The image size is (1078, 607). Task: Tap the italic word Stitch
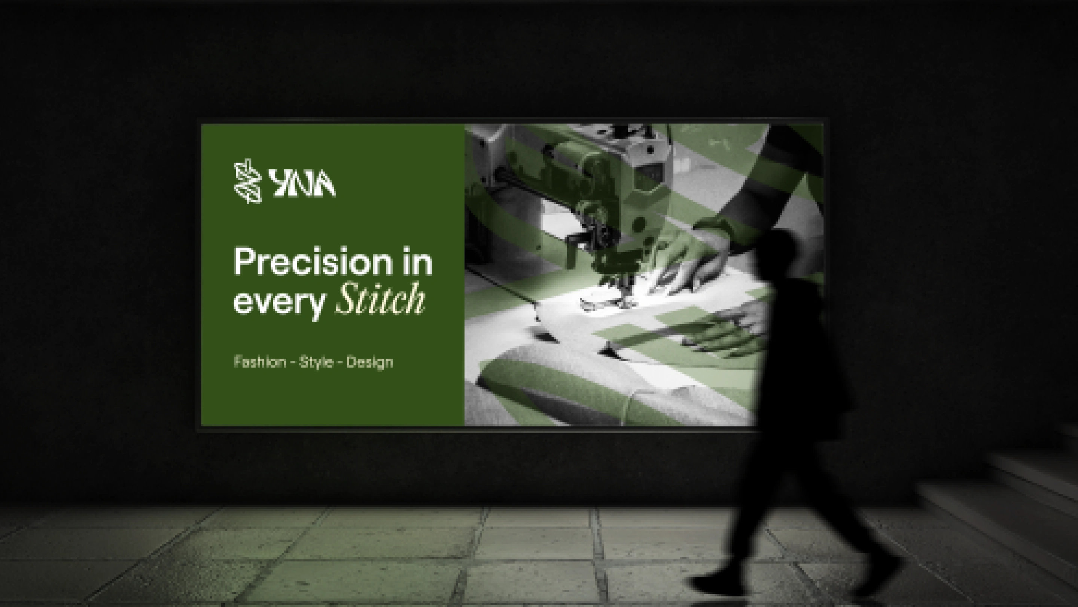[x=380, y=299]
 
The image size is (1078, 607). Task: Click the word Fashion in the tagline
[x=260, y=362]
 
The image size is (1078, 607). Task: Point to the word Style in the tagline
[x=316, y=362]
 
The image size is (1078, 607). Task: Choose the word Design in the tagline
[x=369, y=362]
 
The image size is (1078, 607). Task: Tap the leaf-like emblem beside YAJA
[x=248, y=181]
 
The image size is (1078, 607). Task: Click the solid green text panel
[x=333, y=274]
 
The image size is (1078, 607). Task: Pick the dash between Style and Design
[x=340, y=362]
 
